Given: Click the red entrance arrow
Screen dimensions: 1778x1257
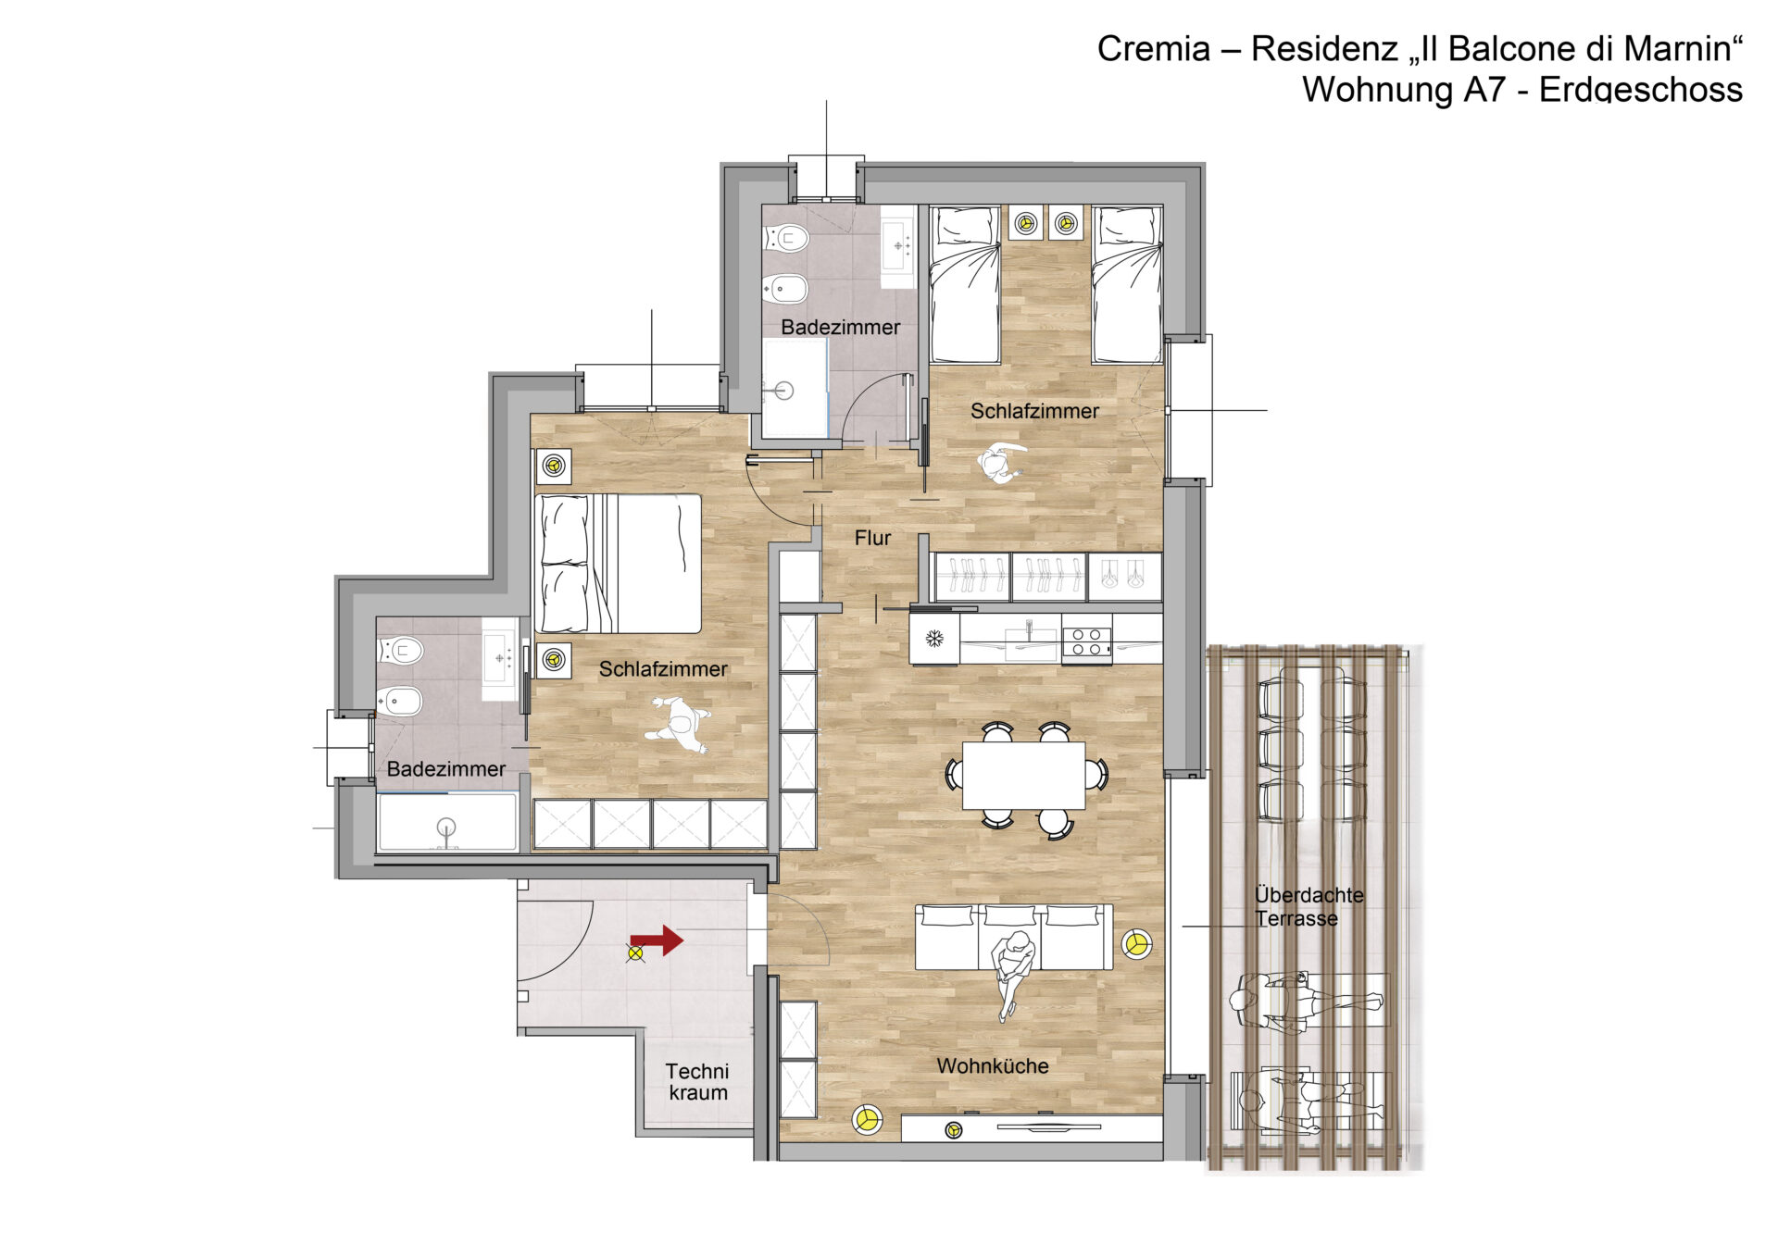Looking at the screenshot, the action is pos(659,940).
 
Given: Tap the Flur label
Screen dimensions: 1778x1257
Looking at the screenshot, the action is pos(872,538).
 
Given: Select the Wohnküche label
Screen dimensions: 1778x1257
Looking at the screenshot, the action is pos(993,1065).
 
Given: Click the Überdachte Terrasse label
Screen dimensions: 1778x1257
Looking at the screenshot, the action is pos(1308,906).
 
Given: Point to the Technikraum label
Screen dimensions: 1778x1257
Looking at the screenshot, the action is pos(697,1081).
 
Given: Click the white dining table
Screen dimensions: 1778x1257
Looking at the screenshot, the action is pos(1024,776).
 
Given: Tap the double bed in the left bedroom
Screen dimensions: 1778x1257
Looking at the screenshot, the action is pos(618,563).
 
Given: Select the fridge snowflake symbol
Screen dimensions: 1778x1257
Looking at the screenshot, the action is pos(934,638).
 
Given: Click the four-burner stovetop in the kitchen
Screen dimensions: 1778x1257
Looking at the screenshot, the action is pos(1086,641).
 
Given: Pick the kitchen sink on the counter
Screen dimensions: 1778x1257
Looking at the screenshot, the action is pos(1030,638).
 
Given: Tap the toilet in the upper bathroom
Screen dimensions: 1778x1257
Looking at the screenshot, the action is pos(785,239).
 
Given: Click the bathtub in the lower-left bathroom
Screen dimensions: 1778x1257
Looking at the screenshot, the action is pos(447,822).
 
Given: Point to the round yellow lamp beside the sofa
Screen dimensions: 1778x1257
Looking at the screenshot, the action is pos(1137,943).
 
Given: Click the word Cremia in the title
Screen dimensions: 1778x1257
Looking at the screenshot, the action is pos(1153,49).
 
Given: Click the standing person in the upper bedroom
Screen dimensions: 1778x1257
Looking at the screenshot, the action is pos(1000,462).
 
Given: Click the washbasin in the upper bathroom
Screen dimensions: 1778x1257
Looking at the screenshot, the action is pos(896,245).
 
